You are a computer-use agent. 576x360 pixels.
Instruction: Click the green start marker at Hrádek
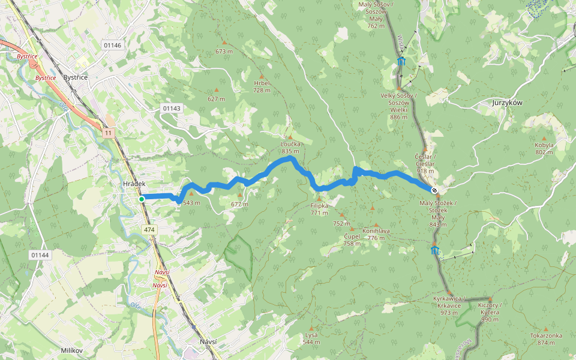point(142,199)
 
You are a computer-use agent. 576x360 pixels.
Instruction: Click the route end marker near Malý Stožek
point(434,190)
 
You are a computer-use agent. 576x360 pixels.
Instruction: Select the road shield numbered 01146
point(112,45)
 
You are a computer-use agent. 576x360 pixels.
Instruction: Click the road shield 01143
point(171,108)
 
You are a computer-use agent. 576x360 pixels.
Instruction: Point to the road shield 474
point(149,229)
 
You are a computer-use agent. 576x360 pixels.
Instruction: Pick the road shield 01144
point(40,255)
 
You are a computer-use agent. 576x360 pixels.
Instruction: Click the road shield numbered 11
point(107,133)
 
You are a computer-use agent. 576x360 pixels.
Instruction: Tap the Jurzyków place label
point(507,103)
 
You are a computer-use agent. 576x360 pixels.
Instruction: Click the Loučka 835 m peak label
point(290,148)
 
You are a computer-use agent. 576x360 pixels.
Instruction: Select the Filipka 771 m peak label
point(319,209)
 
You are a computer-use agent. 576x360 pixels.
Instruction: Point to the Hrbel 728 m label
point(262,86)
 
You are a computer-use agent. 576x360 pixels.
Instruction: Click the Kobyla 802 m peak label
point(544,148)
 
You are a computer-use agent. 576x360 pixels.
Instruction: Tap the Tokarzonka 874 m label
point(546,339)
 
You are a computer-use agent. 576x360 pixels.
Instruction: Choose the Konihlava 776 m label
point(376,234)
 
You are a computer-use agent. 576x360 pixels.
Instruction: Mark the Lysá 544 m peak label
point(311,338)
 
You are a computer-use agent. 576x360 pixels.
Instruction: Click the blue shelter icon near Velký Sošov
point(401,62)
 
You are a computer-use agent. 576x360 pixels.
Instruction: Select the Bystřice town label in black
point(76,78)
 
